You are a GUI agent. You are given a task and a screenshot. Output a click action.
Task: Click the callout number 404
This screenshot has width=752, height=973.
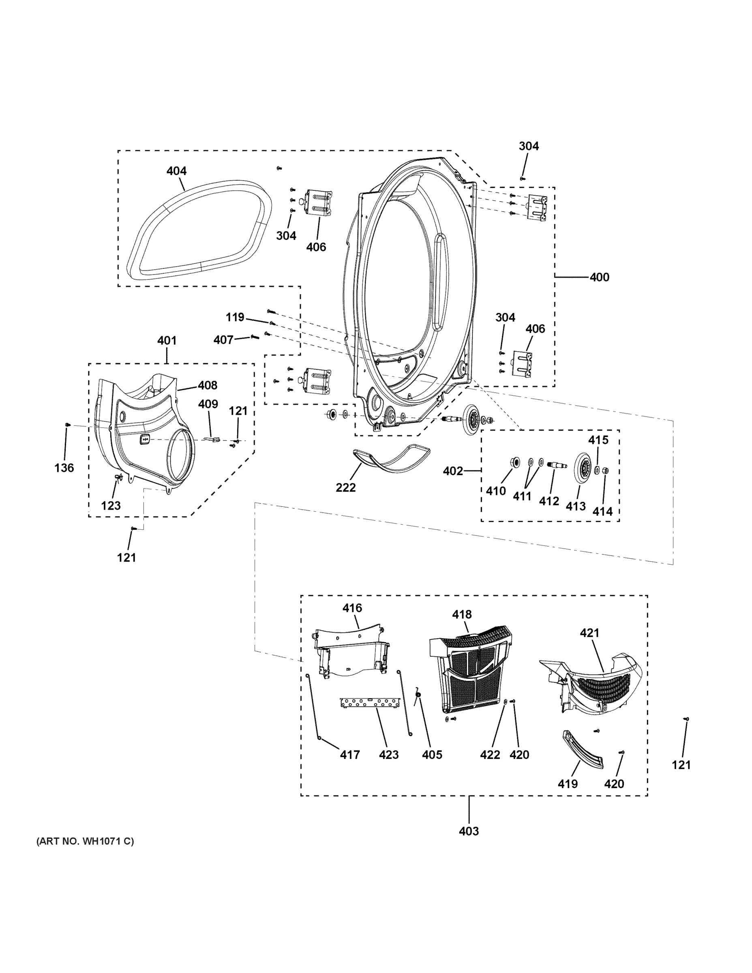pos(176,171)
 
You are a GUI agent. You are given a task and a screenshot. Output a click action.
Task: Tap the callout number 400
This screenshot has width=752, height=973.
pos(599,277)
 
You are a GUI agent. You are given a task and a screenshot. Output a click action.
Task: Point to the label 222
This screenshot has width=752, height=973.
pos(345,487)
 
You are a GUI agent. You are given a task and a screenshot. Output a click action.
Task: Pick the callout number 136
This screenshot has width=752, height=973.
pos(64,468)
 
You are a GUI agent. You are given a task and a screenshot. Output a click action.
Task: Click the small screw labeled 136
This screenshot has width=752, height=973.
pos(67,424)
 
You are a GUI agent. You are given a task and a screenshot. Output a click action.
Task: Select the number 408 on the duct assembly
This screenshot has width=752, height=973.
pos(208,386)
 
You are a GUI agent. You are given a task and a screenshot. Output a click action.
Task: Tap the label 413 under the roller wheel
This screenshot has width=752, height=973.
pos(575,506)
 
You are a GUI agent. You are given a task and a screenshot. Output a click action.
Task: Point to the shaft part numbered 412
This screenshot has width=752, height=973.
pos(557,465)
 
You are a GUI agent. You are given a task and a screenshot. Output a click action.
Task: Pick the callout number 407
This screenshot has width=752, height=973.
pos(223,340)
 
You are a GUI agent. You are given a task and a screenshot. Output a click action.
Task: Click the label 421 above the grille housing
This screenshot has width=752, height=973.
pos(589,632)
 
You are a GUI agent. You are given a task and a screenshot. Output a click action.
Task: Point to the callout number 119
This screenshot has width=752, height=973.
pos(235,317)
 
